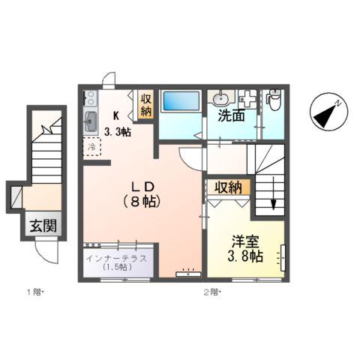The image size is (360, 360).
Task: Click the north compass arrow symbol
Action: pyautogui.click(x=327, y=113)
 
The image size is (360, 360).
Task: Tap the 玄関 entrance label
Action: pyautogui.click(x=43, y=226)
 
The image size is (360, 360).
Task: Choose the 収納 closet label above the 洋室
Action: pyautogui.click(x=229, y=187)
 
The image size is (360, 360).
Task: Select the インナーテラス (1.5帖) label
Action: pyautogui.click(x=115, y=262)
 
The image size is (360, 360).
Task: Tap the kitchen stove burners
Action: pyautogui.click(x=90, y=98)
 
